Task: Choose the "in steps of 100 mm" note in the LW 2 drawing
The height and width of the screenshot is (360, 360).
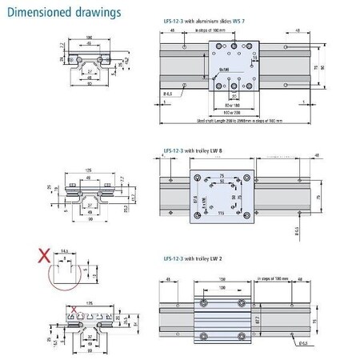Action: (277, 280)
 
